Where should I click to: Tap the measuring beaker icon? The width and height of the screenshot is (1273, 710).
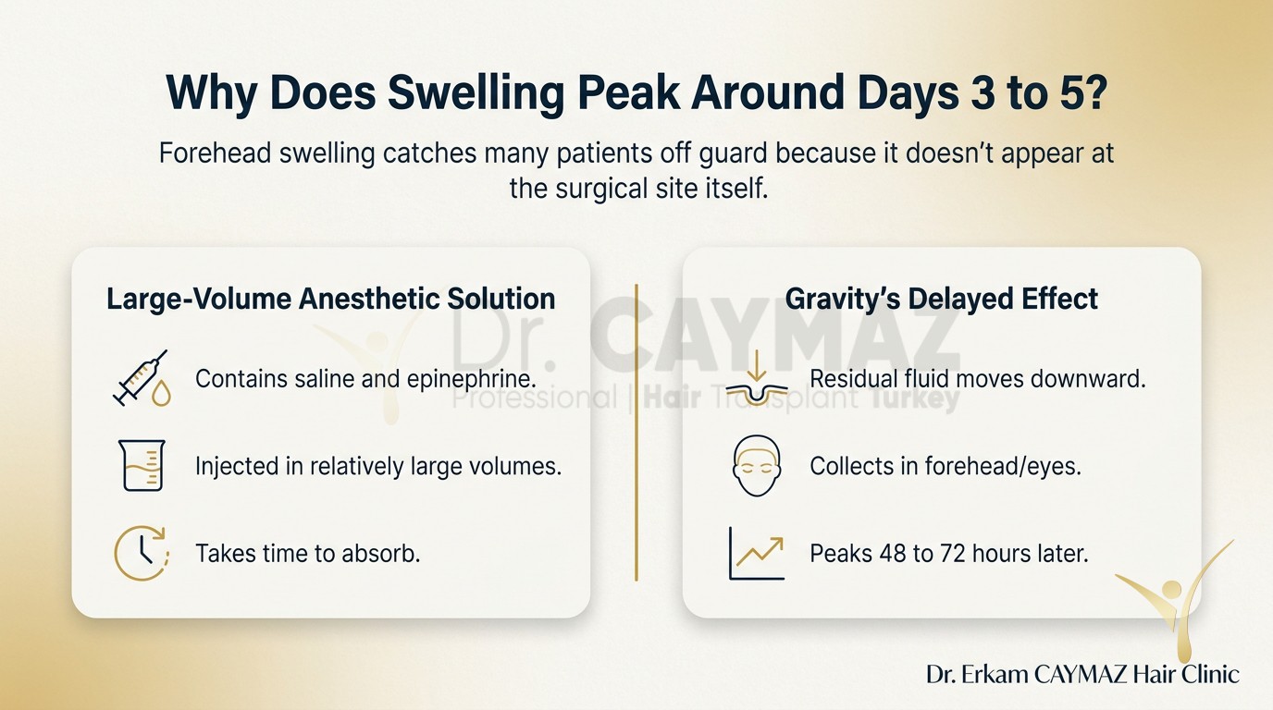[142, 465]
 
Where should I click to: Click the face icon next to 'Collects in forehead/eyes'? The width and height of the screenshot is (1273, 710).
[757, 466]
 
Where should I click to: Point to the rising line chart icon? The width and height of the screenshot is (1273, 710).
[757, 553]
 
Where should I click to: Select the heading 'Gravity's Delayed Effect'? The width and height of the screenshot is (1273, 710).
[941, 299]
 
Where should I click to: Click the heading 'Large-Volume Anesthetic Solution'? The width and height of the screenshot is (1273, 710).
[331, 299]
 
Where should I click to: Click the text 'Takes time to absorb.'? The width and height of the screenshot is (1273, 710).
[308, 553]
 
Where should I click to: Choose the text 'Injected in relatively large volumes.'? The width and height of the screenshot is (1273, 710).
[378, 466]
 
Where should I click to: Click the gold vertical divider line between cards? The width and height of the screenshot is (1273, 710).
[636, 433]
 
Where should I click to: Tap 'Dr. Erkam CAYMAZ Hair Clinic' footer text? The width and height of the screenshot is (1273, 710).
[1082, 674]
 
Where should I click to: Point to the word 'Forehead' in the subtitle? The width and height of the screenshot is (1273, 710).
[216, 153]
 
